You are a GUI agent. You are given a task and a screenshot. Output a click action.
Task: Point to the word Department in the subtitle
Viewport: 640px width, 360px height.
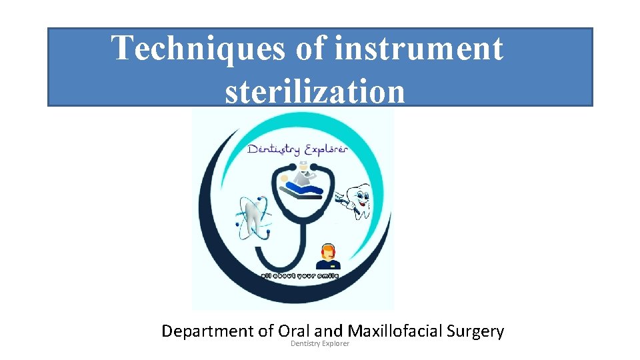pos(208,331)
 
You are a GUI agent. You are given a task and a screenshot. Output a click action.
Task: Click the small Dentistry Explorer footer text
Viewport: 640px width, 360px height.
pos(320,343)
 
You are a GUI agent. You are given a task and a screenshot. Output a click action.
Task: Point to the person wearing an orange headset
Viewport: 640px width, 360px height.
pos(327,257)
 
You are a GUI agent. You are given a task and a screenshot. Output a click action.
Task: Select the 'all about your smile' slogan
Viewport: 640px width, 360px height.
pos(299,275)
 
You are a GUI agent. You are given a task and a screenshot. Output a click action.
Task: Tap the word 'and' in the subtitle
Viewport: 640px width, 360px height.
pos(328,331)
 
